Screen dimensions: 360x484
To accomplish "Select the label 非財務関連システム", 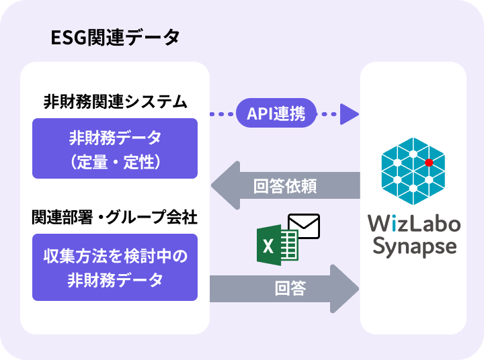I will [x=115, y=102].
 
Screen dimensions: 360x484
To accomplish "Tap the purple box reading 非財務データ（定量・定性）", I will [x=115, y=148].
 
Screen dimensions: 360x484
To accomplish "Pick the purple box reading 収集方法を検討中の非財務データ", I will [x=115, y=267].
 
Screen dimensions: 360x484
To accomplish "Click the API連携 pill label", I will [x=276, y=114].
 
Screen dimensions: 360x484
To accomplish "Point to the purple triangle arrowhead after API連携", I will [x=349, y=114].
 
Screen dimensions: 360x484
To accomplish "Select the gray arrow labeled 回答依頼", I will [x=286, y=185].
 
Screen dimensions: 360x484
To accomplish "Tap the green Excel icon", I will [x=277, y=246].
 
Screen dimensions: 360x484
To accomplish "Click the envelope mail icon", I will [x=303, y=226].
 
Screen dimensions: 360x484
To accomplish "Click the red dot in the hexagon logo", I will [x=429, y=163].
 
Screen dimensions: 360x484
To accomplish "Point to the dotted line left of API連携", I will [x=223, y=114].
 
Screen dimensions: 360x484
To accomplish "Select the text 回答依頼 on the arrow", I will [x=286, y=185].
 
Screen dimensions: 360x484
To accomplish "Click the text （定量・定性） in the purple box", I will [x=115, y=162].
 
